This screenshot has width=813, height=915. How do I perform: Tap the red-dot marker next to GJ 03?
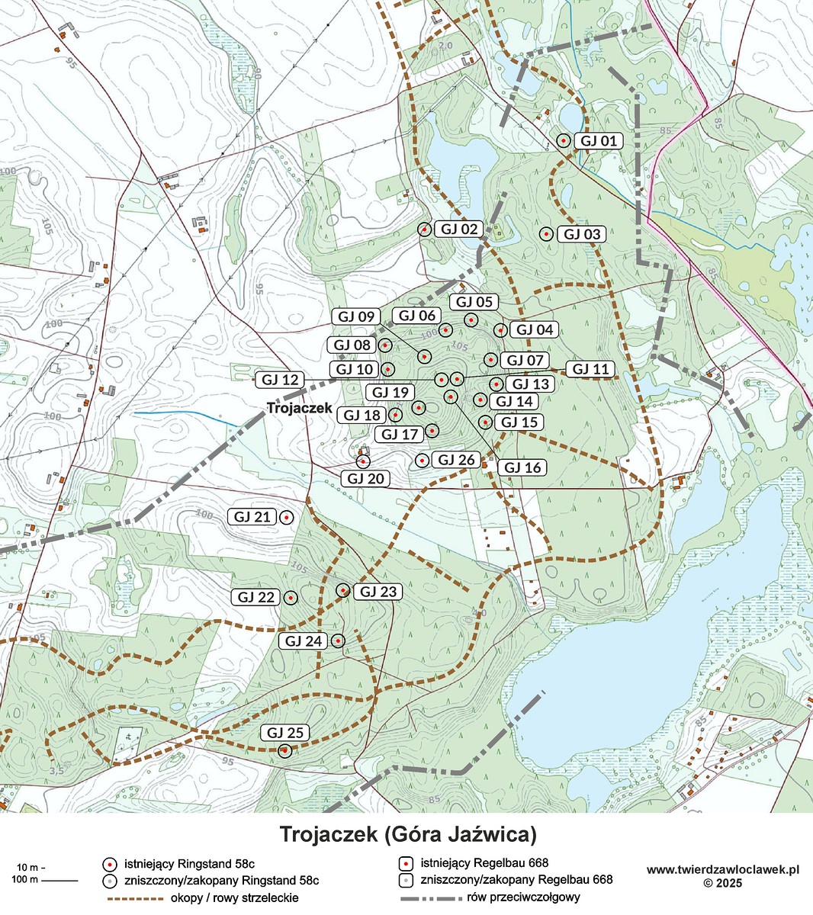pos(545,234)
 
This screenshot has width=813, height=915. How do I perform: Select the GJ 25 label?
pos(286,733)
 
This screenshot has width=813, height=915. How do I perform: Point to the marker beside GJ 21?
pos(286,517)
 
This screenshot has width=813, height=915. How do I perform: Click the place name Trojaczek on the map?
pos(299,408)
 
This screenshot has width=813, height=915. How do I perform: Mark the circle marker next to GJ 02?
pos(425,229)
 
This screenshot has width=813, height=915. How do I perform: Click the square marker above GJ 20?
pos(363,461)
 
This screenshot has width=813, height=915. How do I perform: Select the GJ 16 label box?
pos(522,467)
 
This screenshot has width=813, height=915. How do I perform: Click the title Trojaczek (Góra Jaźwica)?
pos(408,833)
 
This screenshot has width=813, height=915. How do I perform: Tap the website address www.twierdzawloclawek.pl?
pos(721,869)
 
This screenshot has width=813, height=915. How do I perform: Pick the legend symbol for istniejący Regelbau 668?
pos(406,864)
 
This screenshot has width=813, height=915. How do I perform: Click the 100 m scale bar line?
pos(59,881)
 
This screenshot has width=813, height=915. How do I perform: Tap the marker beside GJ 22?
pos(291,597)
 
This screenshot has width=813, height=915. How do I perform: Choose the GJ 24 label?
pos(303,641)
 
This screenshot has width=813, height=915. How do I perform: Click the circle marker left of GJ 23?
pos(343,590)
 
